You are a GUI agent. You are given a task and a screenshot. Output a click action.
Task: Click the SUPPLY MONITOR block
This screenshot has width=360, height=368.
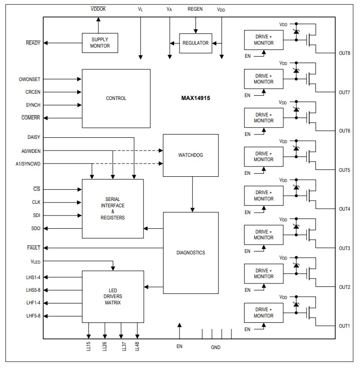[x=100, y=43]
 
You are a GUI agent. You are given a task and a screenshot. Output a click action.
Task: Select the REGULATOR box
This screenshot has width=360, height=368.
[x=196, y=43]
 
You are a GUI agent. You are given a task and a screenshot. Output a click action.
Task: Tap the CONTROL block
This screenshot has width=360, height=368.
[x=116, y=99]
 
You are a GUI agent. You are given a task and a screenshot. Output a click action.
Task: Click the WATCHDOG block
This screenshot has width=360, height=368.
[x=191, y=155]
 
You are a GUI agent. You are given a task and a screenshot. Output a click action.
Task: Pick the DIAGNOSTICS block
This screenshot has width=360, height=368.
[x=191, y=252]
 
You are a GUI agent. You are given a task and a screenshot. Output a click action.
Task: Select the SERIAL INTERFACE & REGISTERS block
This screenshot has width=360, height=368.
[x=113, y=209]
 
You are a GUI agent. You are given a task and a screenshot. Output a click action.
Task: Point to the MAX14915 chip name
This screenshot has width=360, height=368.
[x=196, y=98]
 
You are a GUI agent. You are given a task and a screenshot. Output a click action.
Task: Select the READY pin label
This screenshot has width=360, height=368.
[x=33, y=43]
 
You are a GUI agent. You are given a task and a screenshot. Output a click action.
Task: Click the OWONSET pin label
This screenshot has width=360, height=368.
[x=30, y=79]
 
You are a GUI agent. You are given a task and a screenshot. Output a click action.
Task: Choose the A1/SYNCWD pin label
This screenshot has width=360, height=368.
[x=28, y=164]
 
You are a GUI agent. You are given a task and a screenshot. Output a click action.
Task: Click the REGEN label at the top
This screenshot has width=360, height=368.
[x=195, y=9]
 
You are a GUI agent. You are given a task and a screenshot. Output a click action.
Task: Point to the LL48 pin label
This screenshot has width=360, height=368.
[x=137, y=346]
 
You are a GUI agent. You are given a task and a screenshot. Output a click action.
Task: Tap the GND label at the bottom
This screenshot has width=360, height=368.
[x=215, y=347]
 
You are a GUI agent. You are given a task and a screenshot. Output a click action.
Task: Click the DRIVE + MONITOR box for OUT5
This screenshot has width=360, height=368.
[x=264, y=156]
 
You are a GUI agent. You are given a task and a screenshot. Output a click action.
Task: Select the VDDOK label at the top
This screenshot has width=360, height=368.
[x=98, y=9]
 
